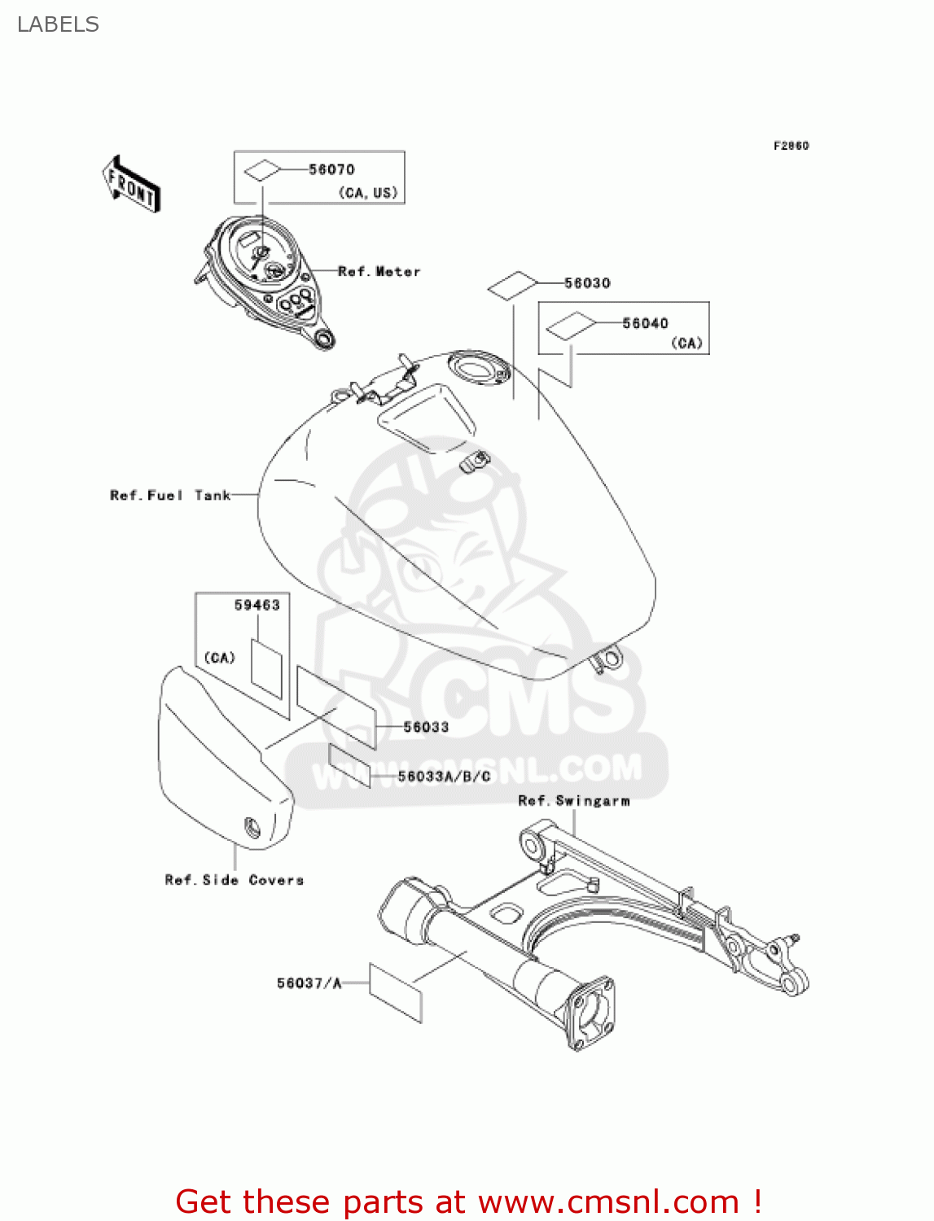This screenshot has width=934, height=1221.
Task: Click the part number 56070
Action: (x=331, y=169)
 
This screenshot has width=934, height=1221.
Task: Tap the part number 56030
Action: (x=587, y=283)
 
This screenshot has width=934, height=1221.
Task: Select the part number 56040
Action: (x=645, y=323)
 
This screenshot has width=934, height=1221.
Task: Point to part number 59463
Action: (x=257, y=605)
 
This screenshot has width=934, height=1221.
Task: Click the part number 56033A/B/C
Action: (x=444, y=777)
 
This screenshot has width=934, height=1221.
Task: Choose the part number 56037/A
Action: (x=309, y=983)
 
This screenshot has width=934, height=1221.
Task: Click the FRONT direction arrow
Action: (x=131, y=185)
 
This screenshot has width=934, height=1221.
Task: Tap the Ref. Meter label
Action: (x=379, y=272)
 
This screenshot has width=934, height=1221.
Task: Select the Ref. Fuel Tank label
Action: (x=170, y=495)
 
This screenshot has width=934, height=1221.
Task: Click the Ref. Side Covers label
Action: (x=234, y=880)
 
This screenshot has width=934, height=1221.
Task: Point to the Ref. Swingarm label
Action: (x=573, y=801)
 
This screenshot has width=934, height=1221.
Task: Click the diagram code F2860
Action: (x=791, y=146)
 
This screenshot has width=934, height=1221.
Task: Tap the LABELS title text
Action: (x=58, y=24)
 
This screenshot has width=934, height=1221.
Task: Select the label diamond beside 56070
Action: (x=262, y=170)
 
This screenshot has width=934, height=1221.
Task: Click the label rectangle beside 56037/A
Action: (x=396, y=992)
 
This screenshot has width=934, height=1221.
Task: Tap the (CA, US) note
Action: (x=368, y=193)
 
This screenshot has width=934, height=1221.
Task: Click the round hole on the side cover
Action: (x=252, y=828)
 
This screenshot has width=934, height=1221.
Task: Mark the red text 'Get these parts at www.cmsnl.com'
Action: (x=468, y=1201)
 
